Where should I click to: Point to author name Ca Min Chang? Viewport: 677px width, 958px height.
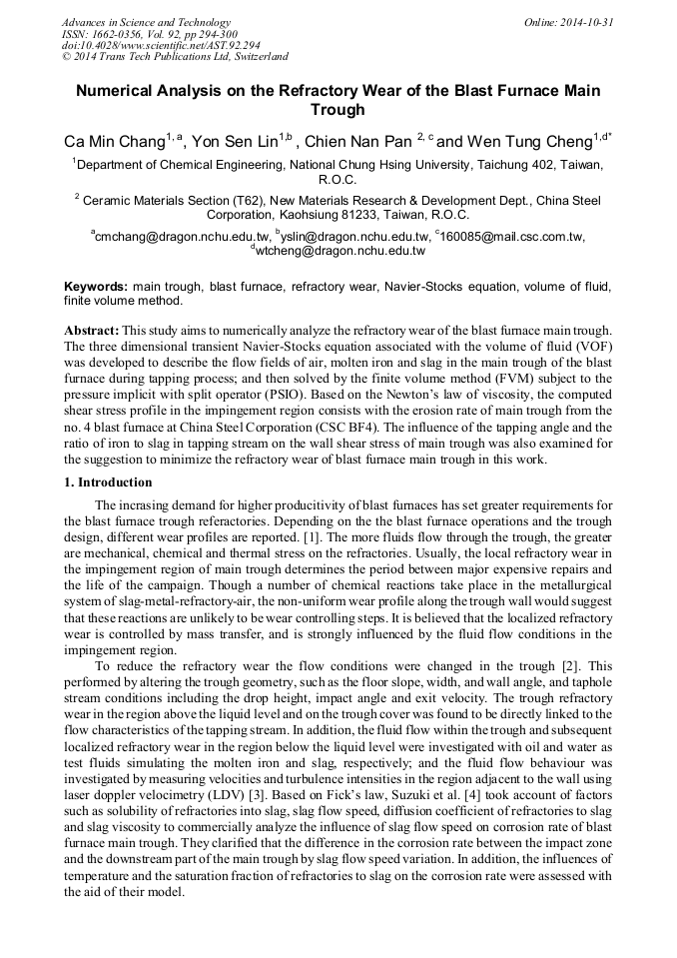coord(114,141)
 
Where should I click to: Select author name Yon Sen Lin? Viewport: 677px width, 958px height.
coord(233,141)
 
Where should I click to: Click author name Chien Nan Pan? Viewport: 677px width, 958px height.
coord(361,141)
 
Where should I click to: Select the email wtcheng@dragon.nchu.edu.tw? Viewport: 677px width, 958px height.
coord(339,252)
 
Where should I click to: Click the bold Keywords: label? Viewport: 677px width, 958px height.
coord(96,286)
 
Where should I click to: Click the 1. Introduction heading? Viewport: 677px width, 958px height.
coord(109,482)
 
